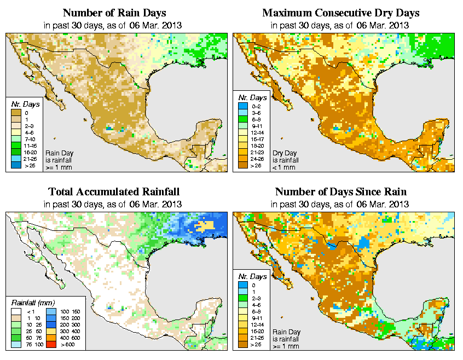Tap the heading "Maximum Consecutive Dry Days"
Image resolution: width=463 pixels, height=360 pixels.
pyautogui.click(x=340, y=13)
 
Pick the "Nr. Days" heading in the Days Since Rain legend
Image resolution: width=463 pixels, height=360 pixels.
pyautogui.click(x=255, y=276)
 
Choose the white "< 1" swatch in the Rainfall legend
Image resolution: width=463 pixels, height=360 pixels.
pyautogui.click(x=15, y=312)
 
